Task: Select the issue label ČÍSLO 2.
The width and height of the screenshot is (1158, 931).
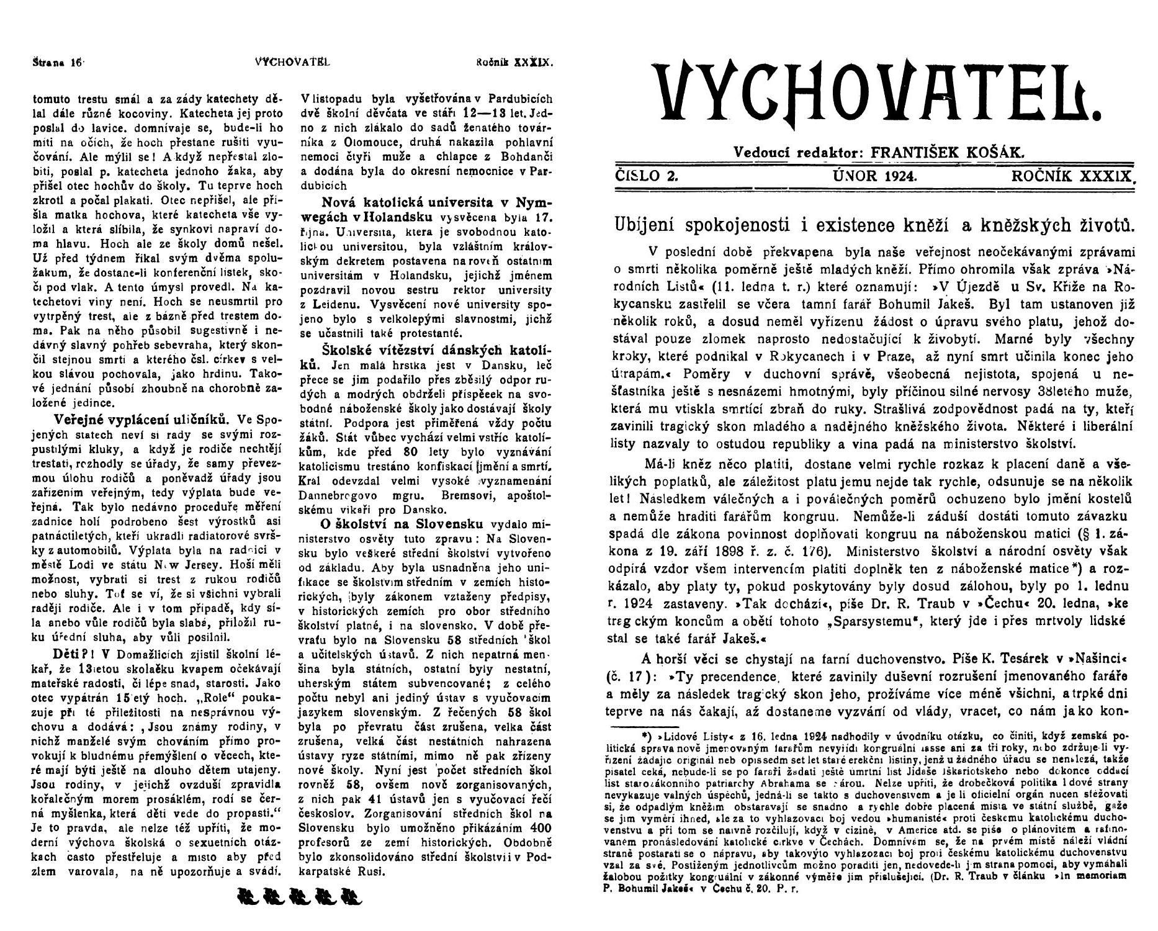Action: [646, 176]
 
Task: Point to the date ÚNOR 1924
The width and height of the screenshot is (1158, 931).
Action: [875, 176]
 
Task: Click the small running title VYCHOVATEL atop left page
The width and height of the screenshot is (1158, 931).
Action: [292, 62]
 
